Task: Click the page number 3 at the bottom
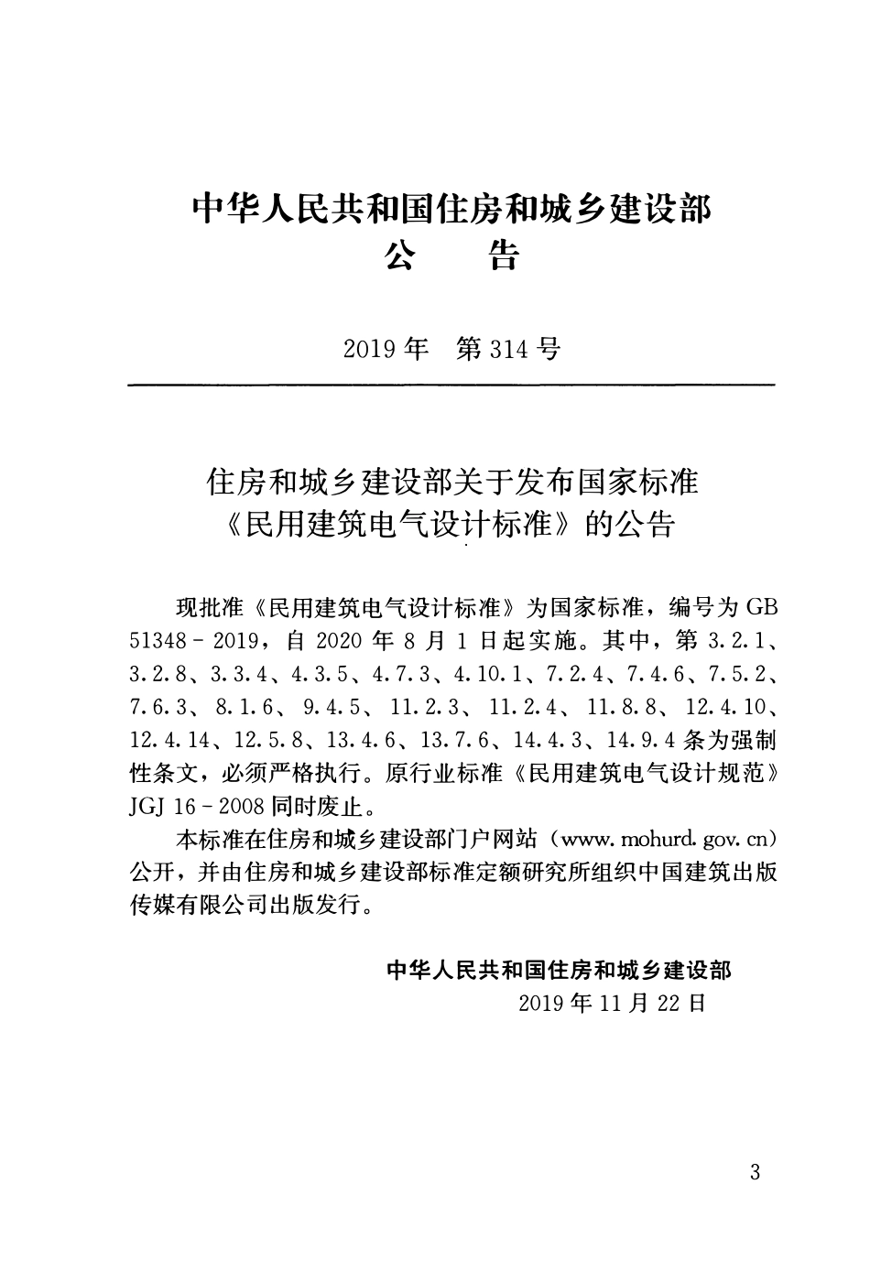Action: click(755, 1171)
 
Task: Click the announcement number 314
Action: click(509, 350)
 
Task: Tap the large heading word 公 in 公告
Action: click(400, 256)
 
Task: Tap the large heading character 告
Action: click(501, 256)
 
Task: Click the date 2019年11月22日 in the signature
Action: click(612, 1002)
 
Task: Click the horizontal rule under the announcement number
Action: click(451, 386)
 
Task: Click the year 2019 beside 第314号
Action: click(369, 350)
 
